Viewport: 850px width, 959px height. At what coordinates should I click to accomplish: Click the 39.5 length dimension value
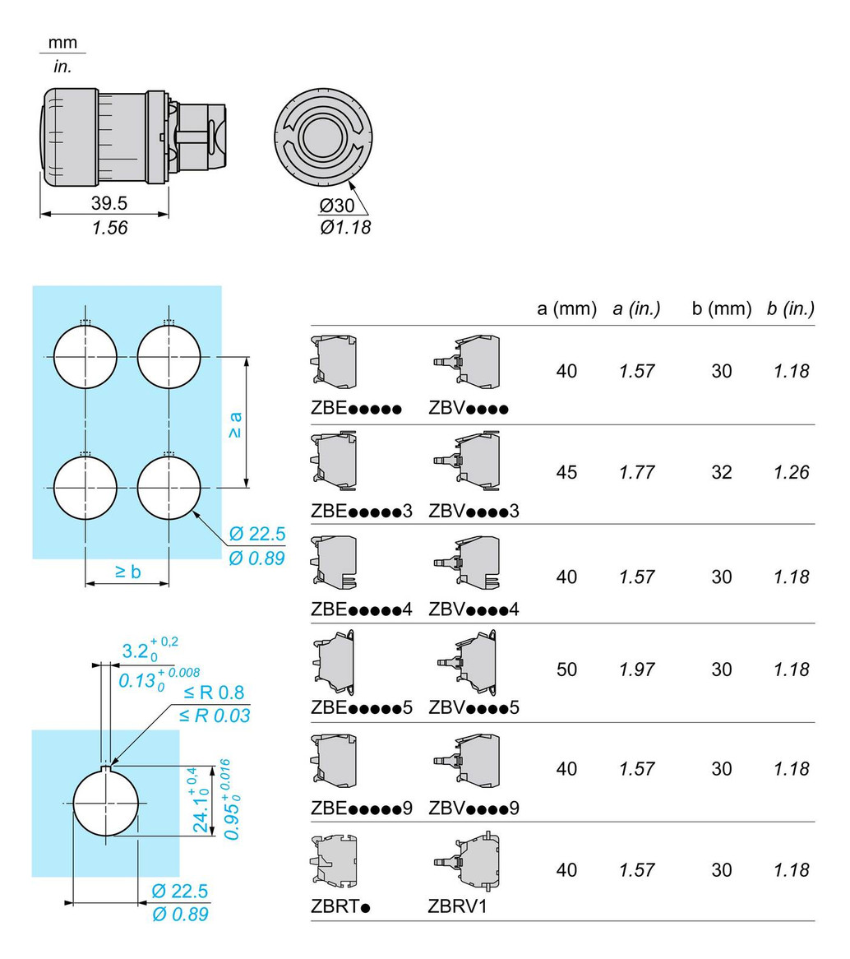tap(109, 202)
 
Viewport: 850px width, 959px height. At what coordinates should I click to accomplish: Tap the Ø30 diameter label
tap(336, 206)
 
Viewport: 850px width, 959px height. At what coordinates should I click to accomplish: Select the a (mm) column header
tap(567, 309)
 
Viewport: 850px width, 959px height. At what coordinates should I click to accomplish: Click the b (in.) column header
tap(791, 309)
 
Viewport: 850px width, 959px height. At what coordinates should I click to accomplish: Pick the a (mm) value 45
tap(567, 472)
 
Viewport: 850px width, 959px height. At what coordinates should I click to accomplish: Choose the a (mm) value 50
tap(567, 669)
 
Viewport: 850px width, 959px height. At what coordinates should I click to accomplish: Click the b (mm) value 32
tap(722, 472)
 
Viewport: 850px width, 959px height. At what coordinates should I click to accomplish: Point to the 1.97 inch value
tap(636, 669)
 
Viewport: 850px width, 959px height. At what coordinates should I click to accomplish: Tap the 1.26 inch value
tap(792, 472)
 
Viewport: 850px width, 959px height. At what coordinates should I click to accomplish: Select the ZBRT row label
tap(340, 906)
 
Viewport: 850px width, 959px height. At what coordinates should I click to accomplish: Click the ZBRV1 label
tap(457, 906)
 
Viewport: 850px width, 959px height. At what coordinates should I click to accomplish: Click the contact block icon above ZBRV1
tap(467, 860)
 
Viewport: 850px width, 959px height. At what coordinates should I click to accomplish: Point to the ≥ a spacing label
tap(235, 424)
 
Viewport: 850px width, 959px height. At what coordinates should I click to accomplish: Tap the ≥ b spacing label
tap(127, 572)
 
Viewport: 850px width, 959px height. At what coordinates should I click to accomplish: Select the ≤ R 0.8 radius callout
tap(214, 693)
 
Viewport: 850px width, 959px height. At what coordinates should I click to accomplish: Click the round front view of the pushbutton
tap(323, 137)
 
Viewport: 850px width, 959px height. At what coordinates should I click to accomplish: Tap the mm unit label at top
tap(62, 43)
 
